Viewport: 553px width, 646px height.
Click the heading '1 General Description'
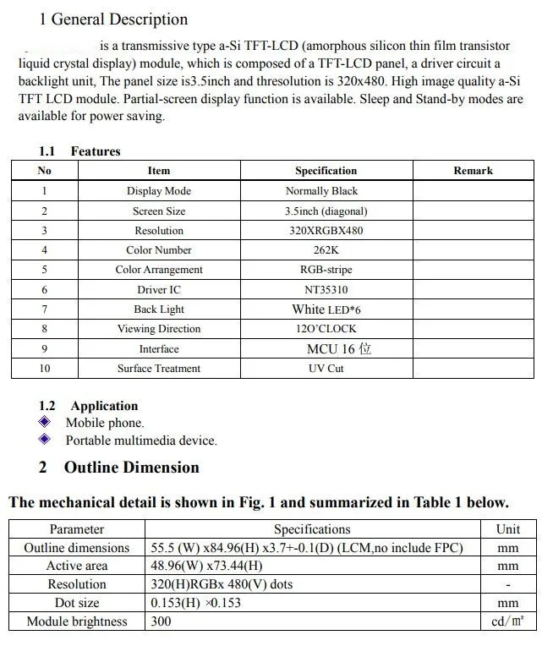pos(113,19)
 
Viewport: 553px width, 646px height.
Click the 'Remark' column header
pos(473,171)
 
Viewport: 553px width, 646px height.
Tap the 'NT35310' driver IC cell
pos(326,289)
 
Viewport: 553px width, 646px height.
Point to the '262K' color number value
pos(326,250)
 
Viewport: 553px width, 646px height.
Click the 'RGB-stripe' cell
pos(326,270)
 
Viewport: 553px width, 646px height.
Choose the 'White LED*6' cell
pos(326,309)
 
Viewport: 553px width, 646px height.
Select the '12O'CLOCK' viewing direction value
pos(326,329)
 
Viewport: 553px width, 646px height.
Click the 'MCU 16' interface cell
pos(338,348)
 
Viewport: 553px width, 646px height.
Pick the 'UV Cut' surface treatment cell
pos(326,369)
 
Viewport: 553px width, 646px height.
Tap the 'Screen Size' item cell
pos(159,211)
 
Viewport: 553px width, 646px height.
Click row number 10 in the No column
pos(44,369)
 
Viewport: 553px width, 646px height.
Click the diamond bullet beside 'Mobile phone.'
pos(46,422)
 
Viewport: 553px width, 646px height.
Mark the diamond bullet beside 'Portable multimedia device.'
pos(46,440)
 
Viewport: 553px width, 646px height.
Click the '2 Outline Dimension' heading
pos(119,468)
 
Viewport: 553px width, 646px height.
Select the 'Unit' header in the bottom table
pos(508,529)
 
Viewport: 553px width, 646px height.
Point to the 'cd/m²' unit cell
pos(508,621)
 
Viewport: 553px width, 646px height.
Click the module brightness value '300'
pos(161,621)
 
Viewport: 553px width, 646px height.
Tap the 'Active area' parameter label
pos(77,566)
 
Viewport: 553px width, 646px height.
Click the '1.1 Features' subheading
pos(79,151)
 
